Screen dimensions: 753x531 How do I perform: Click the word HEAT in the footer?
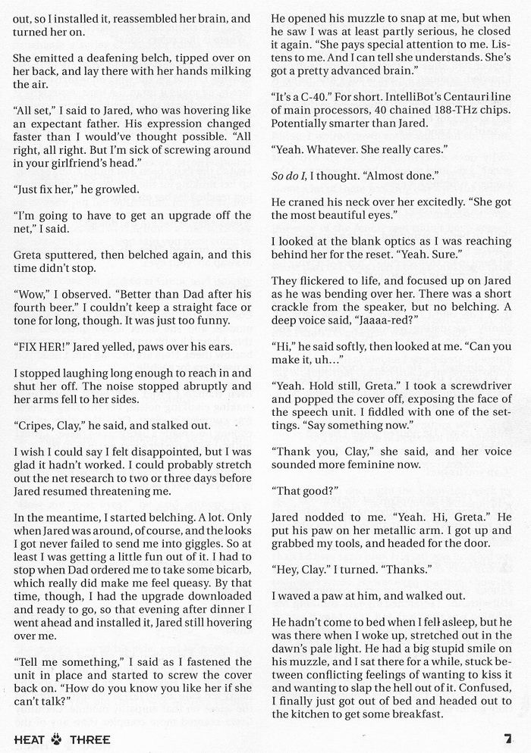(x=29, y=737)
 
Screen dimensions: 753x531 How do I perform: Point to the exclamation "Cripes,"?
(x=34, y=426)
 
